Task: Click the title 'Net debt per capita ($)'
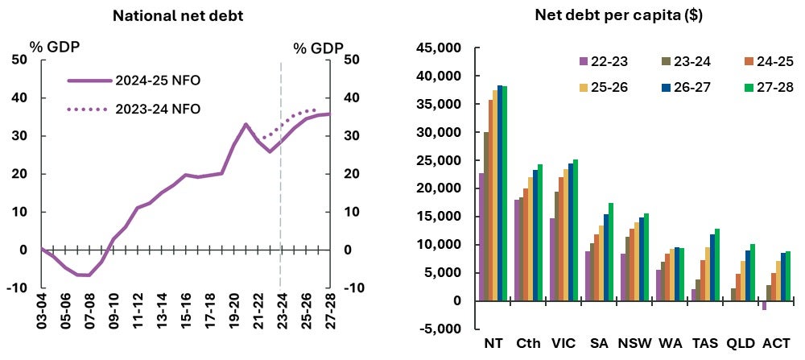(x=618, y=15)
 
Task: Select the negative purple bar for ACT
(x=764, y=305)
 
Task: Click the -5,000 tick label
(x=440, y=329)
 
